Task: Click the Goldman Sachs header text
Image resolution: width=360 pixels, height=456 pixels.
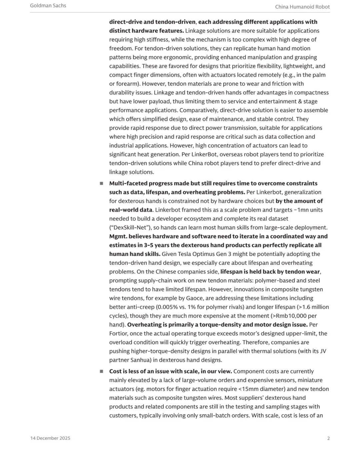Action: tap(48, 6)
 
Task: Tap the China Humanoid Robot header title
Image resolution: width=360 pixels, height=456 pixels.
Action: tap(302, 7)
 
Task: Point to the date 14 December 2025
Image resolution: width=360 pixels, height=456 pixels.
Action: tap(50, 438)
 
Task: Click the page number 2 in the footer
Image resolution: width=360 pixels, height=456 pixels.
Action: tap(328, 438)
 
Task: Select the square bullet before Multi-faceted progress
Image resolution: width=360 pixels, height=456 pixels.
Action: tap(101, 183)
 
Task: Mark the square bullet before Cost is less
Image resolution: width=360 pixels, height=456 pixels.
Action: tap(101, 371)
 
